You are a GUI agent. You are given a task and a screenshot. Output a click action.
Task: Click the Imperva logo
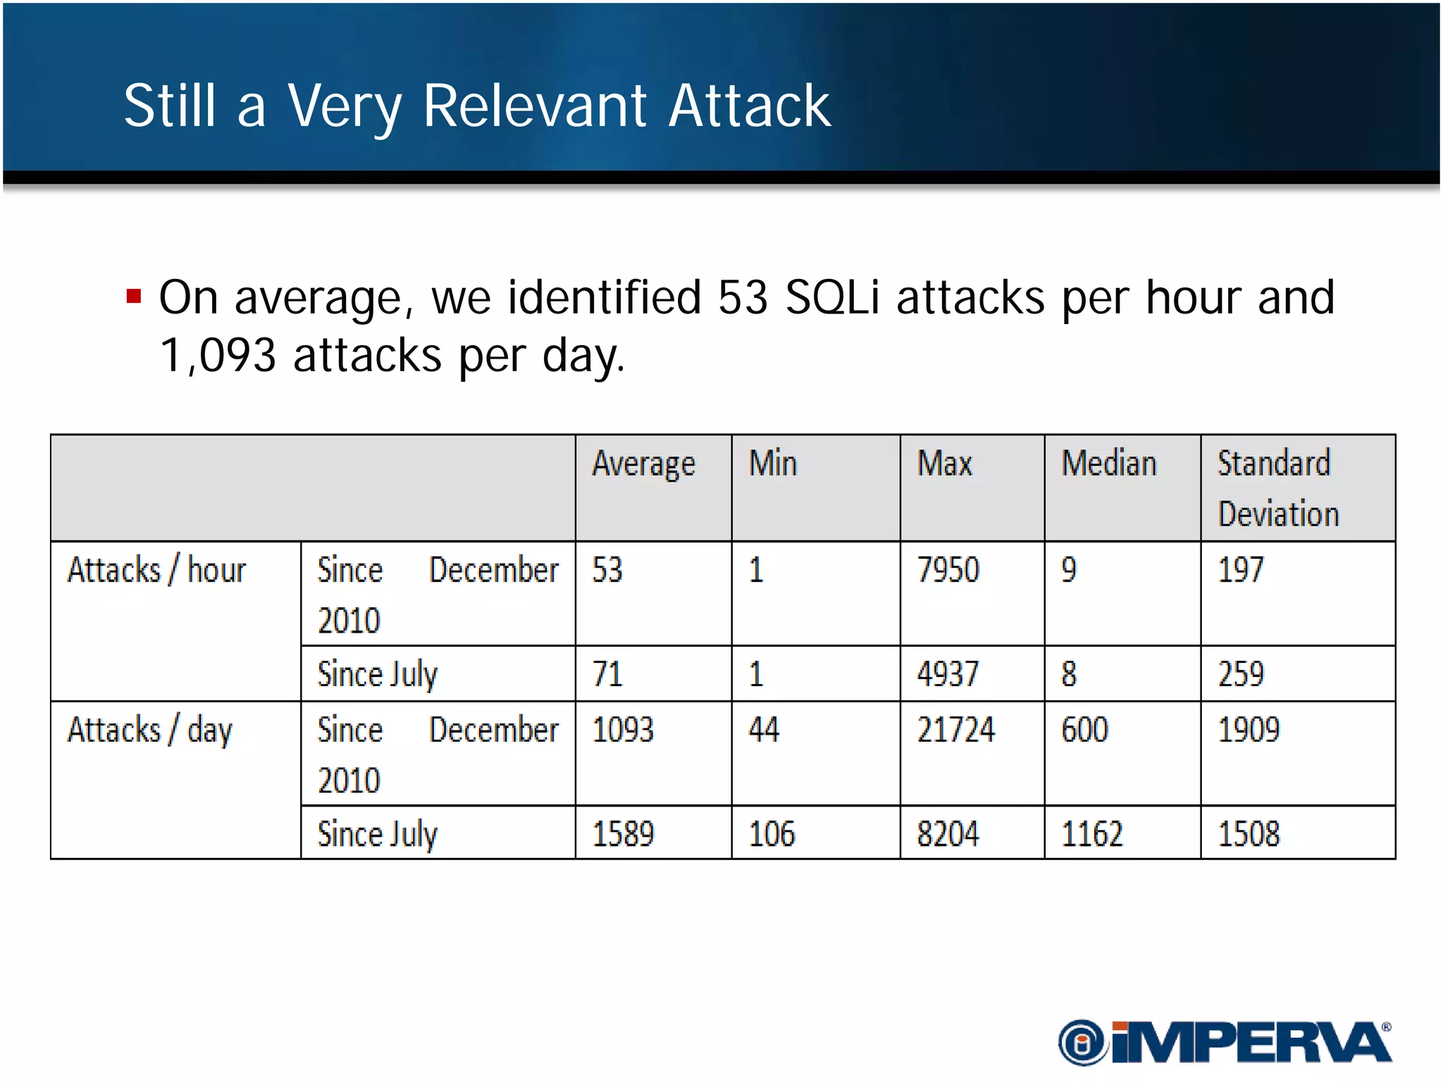tap(1225, 1042)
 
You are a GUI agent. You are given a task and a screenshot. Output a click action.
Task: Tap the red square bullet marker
tap(134, 296)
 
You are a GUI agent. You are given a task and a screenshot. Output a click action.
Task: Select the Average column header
tap(643, 465)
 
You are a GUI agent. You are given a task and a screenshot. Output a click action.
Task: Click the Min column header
tap(773, 464)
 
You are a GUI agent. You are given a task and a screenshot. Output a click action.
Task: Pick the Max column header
tap(944, 464)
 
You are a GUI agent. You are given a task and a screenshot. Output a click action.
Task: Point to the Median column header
tap(1109, 464)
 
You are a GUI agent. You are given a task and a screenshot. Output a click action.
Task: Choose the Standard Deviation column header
tap(1277, 488)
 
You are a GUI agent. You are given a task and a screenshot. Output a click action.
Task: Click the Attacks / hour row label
tap(156, 570)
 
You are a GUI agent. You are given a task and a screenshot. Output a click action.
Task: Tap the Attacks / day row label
tap(149, 730)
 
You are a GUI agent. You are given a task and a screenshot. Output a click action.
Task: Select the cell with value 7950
tap(948, 570)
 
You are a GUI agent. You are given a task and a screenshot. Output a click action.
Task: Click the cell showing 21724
tap(955, 730)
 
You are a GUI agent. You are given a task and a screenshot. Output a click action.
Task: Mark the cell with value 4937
tap(948, 674)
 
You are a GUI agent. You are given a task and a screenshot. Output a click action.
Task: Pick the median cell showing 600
tap(1084, 730)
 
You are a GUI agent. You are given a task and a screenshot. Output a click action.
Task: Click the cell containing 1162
tap(1091, 834)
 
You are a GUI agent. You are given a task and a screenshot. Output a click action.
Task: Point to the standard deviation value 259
tap(1241, 674)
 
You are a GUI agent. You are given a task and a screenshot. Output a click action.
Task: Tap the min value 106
tap(772, 834)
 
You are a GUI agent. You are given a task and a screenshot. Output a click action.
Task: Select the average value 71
tap(607, 674)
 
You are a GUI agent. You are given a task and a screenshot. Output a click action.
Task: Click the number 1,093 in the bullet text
tap(218, 355)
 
